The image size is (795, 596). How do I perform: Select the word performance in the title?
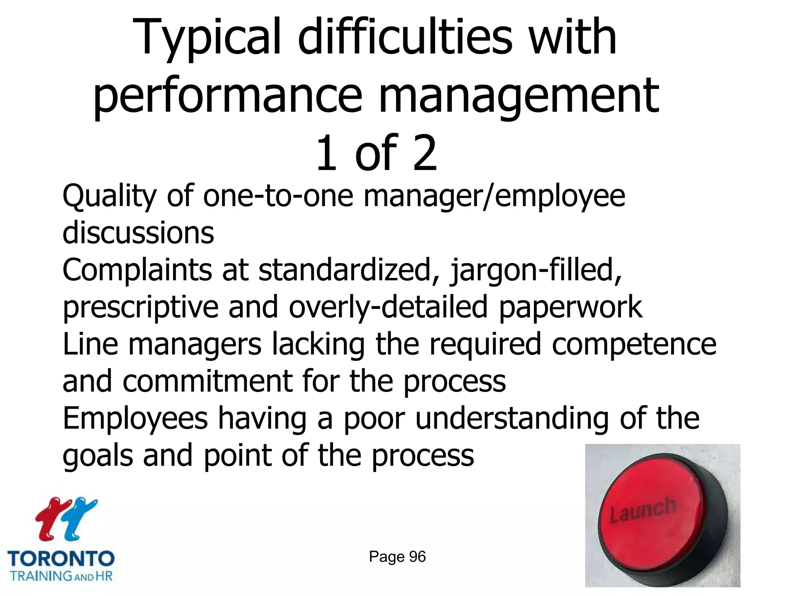[x=227, y=97]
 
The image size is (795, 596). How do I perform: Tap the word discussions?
[x=138, y=233]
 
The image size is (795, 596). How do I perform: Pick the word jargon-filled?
[x=536, y=270]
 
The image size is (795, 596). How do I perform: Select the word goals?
[x=97, y=456]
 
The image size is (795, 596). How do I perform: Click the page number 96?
[x=417, y=557]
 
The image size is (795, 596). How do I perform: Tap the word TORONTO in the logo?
[x=61, y=559]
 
